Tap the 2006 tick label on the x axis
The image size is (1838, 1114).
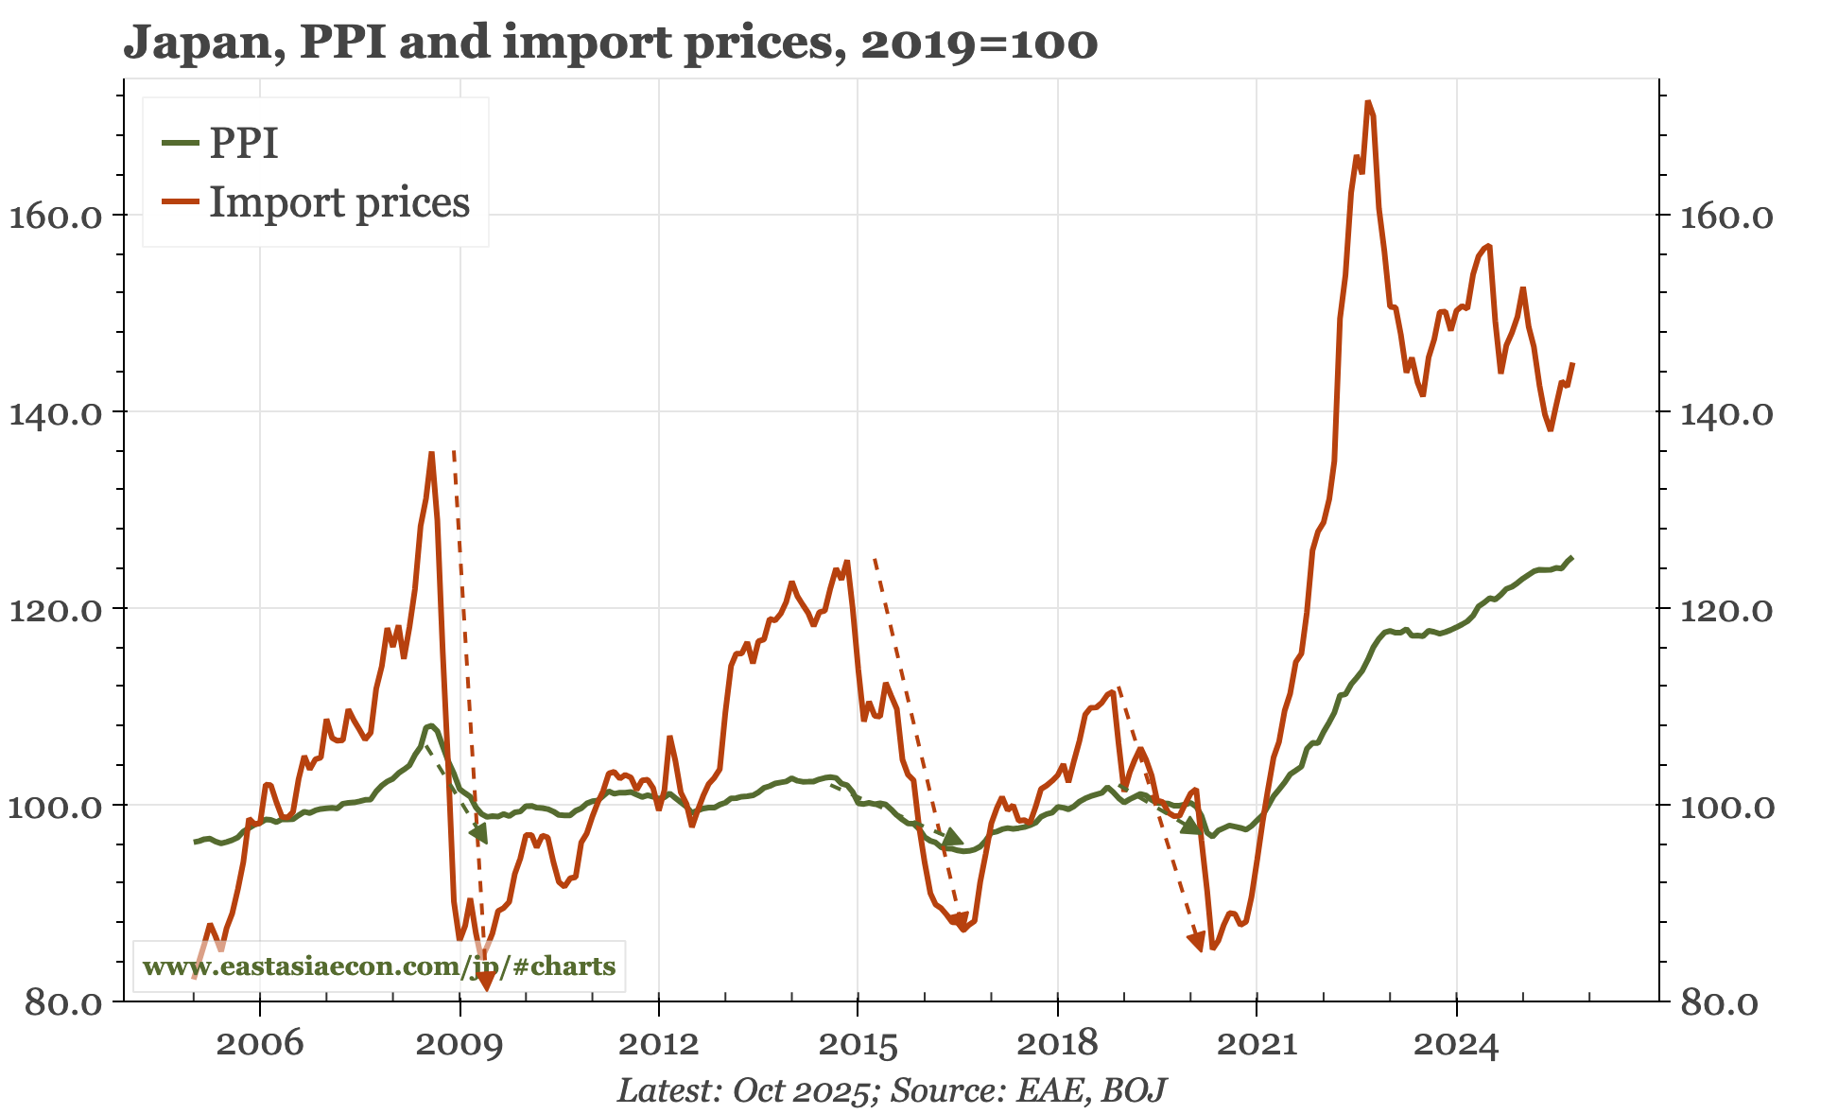click(260, 1044)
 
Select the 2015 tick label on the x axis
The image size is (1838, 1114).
click(858, 1044)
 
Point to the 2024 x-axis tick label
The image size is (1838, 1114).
click(1456, 1044)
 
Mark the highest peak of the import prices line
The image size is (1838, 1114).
click(1367, 102)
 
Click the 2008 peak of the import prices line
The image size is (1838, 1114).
click(431, 454)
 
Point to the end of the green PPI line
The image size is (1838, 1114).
click(1571, 557)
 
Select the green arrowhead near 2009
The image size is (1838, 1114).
click(478, 832)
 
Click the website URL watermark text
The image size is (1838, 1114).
click(378, 966)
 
